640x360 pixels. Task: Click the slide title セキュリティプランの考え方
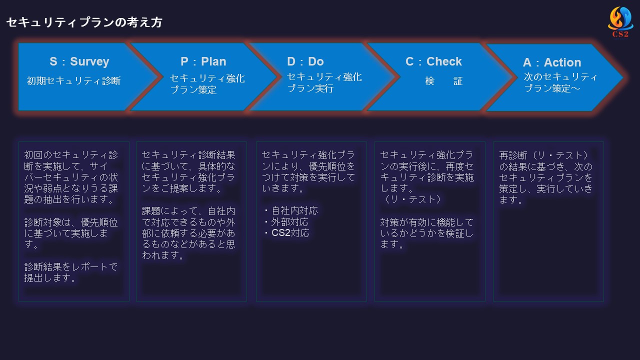[84, 22]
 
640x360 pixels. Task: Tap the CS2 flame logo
[620, 22]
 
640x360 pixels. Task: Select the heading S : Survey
[79, 61]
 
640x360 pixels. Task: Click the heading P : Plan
[203, 61]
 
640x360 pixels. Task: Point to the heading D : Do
[305, 61]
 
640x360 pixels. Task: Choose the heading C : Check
[433, 61]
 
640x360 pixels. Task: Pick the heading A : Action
[552, 62]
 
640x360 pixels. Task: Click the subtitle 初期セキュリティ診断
[73, 81]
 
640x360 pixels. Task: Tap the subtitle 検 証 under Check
[443, 81]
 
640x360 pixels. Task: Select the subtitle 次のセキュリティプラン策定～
[560, 82]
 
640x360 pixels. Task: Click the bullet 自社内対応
[291, 211]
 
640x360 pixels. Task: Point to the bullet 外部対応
[286, 222]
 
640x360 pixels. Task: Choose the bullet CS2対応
[286, 233]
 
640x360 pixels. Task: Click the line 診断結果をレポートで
[71, 267]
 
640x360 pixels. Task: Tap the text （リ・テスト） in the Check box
[411, 199]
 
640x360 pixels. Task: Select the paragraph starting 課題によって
[188, 233]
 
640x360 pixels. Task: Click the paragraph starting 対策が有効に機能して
[427, 233]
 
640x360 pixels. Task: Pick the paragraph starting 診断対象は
[71, 233]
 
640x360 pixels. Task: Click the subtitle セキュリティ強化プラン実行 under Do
[324, 82]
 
